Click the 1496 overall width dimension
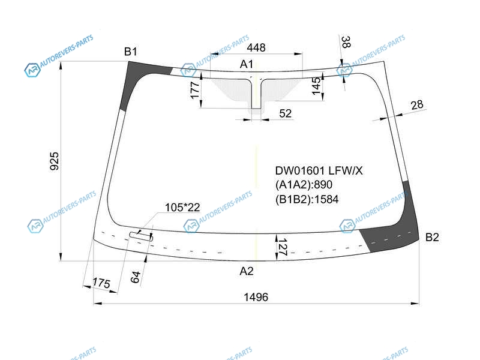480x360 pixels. tap(256, 297)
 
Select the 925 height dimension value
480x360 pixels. tap(54, 161)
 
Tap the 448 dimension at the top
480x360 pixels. tap(256, 47)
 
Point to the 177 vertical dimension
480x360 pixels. tap(195, 90)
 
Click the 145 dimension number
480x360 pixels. tap(317, 86)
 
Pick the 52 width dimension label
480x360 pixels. tap(286, 113)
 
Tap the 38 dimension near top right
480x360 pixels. tap(346, 42)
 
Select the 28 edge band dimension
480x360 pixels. tap(417, 105)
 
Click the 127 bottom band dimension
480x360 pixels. tap(283, 247)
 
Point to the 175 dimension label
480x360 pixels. tap(101, 283)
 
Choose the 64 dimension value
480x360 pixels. tap(136, 277)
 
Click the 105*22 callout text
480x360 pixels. tap(182, 207)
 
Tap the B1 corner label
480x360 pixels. tap(131, 52)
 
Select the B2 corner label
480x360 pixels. tap(432, 237)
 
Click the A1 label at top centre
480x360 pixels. tap(247, 64)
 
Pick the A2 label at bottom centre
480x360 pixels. tap(247, 271)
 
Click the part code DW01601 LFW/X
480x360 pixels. tap(319, 170)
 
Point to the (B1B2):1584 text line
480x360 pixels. tap(307, 199)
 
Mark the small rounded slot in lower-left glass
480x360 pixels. tap(141, 236)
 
